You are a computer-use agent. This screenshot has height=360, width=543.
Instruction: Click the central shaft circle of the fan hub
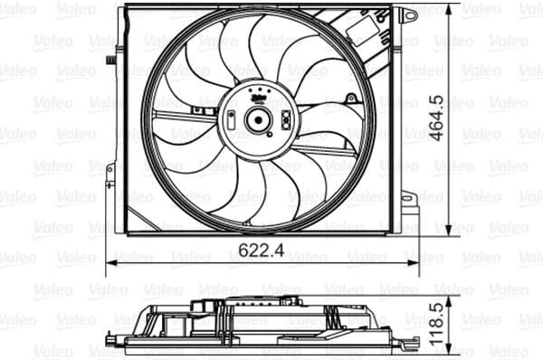tap(257, 118)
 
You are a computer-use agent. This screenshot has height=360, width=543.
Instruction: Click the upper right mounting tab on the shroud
tap(408, 15)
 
